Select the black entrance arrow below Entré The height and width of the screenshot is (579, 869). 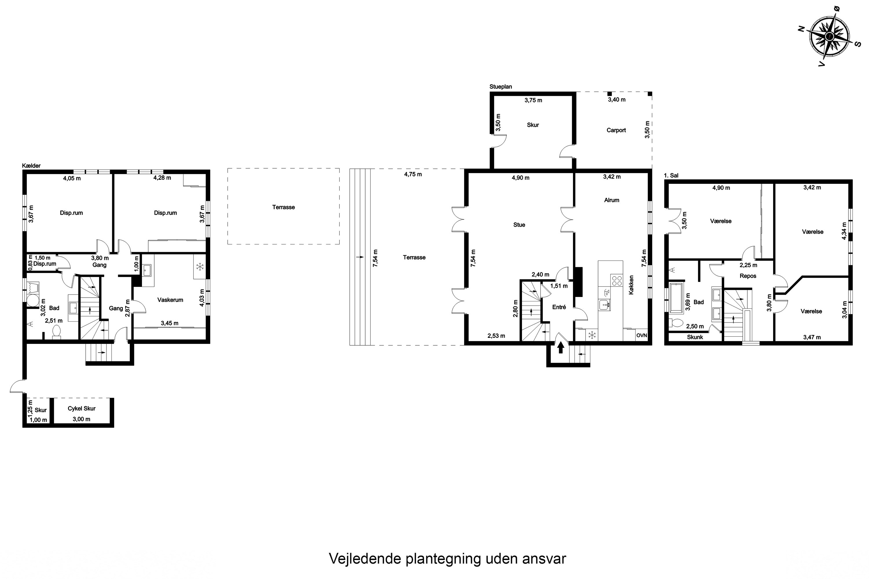pyautogui.click(x=561, y=347)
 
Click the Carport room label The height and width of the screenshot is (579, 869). pyautogui.click(x=616, y=130)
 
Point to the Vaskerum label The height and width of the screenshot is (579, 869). pyautogui.click(x=170, y=300)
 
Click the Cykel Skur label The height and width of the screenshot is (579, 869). pyautogui.click(x=82, y=408)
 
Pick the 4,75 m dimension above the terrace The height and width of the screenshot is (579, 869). pyautogui.click(x=413, y=174)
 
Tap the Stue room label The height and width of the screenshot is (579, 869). pyautogui.click(x=519, y=225)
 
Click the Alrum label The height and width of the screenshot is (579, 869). pyautogui.click(x=611, y=200)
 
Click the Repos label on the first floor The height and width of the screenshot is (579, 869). pyautogui.click(x=748, y=276)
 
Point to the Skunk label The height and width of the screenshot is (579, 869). pyautogui.click(x=695, y=337)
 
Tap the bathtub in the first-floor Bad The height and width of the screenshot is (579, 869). pyautogui.click(x=677, y=297)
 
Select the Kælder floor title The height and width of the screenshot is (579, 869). pyautogui.click(x=31, y=166)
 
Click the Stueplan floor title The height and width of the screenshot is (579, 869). pyautogui.click(x=501, y=87)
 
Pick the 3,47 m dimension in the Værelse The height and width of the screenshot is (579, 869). pyautogui.click(x=812, y=337)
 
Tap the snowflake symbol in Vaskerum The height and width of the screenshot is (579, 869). pyautogui.click(x=200, y=267)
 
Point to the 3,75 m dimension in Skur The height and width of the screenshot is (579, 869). pyautogui.click(x=533, y=100)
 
